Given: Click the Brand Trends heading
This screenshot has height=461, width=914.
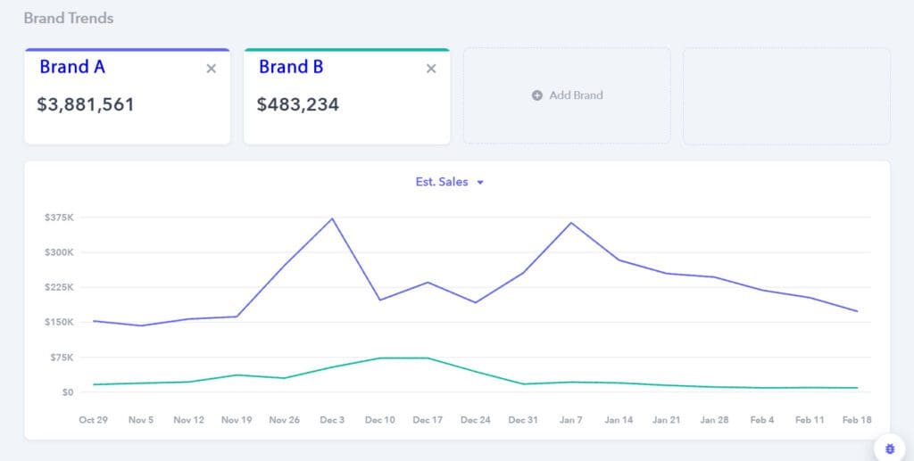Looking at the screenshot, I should pyautogui.click(x=69, y=18).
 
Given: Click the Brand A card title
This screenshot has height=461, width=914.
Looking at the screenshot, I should pyautogui.click(x=72, y=67).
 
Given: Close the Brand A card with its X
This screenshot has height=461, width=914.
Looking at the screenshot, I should pyautogui.click(x=212, y=69).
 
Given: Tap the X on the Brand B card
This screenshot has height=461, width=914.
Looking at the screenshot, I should pyautogui.click(x=431, y=69).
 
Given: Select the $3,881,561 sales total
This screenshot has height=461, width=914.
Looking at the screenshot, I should pyautogui.click(x=86, y=104).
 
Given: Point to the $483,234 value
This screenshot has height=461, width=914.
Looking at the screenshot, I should pyautogui.click(x=298, y=104).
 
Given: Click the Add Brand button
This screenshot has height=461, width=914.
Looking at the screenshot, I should pyautogui.click(x=568, y=95).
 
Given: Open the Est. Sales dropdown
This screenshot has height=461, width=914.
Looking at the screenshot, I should pyautogui.click(x=450, y=182).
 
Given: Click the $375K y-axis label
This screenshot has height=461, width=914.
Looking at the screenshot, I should pyautogui.click(x=59, y=218).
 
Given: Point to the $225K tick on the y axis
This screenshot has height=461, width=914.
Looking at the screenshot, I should pyautogui.click(x=59, y=287).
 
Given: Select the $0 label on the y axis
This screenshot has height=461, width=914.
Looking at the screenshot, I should pyautogui.click(x=67, y=392).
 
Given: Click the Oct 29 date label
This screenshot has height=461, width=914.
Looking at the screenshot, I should pyautogui.click(x=93, y=419).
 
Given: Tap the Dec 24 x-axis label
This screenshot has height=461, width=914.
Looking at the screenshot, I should pyautogui.click(x=475, y=419).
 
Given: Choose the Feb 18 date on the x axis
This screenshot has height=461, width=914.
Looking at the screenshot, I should pyautogui.click(x=857, y=419).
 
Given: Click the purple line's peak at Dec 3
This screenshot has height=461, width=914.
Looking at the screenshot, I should pyautogui.click(x=332, y=218).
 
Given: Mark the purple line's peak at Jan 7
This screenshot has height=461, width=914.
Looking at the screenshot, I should pyautogui.click(x=570, y=223).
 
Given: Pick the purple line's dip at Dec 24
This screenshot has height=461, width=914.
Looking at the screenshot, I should pyautogui.click(x=475, y=302).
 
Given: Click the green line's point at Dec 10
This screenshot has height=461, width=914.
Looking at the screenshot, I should pyautogui.click(x=380, y=358).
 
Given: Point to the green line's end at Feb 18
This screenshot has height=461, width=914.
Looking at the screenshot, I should pyautogui.click(x=857, y=388).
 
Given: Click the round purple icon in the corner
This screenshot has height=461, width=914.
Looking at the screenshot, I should pyautogui.click(x=890, y=448).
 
